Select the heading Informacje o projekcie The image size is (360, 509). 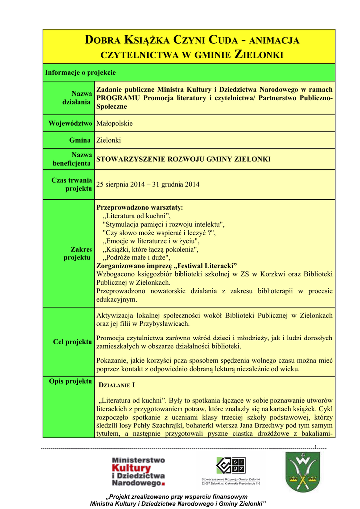point(81,73)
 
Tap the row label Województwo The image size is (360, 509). point(70,123)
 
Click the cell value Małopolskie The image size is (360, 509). point(114,123)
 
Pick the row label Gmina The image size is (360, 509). point(81,140)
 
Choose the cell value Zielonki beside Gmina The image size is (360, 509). point(108,140)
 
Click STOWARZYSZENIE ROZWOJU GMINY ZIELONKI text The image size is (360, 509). point(183,159)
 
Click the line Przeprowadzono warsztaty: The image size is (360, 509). point(140,207)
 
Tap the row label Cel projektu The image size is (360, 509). point(73,342)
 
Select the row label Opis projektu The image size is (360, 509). point(70,381)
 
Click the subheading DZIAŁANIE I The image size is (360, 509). point(118,385)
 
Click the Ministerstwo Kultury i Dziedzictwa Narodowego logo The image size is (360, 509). point(138,472)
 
